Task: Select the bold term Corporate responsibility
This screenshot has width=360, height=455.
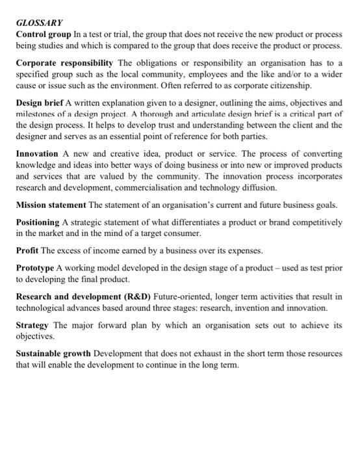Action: (64, 62)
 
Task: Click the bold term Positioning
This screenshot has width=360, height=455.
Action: (41, 222)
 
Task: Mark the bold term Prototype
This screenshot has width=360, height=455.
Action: (37, 268)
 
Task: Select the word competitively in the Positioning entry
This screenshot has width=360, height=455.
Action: (313, 222)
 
